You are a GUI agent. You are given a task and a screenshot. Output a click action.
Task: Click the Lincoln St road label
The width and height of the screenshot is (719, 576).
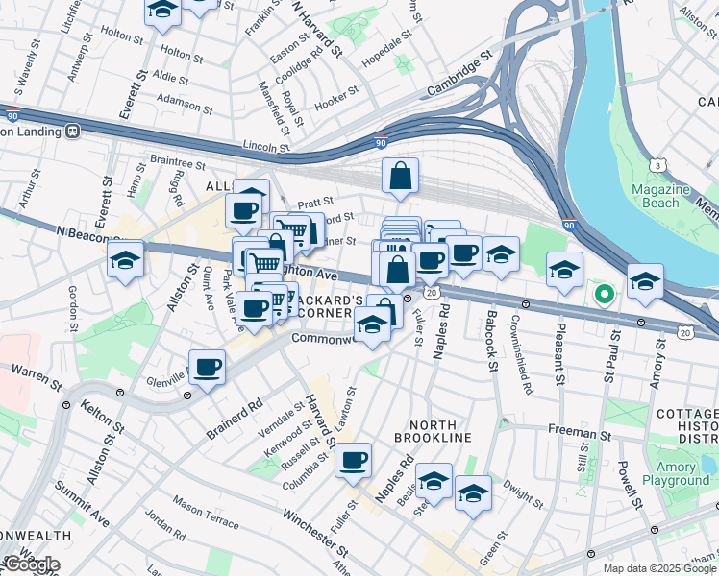[267, 146]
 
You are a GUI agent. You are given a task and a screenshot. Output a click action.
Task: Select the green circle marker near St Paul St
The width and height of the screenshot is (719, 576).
[604, 293]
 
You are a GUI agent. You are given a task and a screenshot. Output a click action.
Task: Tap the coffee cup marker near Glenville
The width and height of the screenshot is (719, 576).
[208, 367]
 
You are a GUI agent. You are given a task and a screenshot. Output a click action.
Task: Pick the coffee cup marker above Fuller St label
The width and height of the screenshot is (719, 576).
[353, 462]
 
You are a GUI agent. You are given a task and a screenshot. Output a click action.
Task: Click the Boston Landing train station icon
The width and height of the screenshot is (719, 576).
[72, 131]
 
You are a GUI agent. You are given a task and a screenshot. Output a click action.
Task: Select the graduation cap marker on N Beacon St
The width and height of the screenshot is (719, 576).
[125, 260]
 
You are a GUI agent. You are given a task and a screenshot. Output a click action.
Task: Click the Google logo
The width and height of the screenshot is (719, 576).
[32, 564]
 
